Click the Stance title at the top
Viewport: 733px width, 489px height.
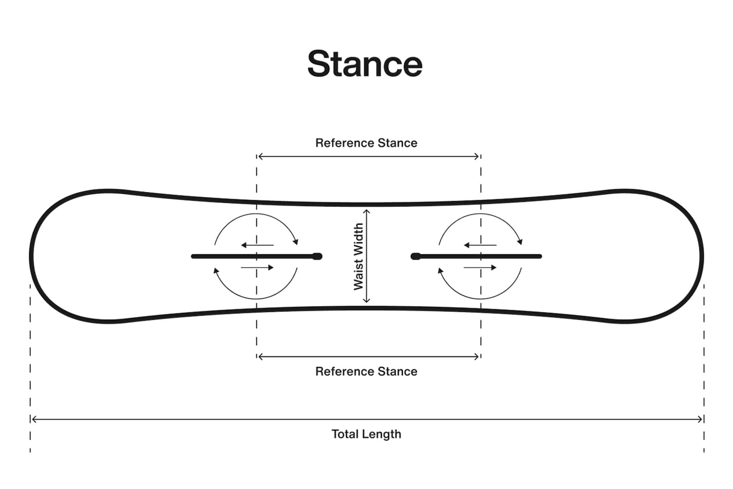(365, 64)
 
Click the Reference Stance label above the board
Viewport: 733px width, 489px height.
(366, 143)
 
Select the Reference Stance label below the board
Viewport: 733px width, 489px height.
(366, 372)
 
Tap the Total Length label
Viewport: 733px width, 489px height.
(366, 434)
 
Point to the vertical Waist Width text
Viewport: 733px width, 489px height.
(358, 257)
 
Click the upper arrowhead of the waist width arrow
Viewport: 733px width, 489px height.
(366, 212)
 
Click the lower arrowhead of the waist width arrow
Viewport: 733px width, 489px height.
(366, 300)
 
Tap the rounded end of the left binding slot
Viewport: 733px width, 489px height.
(317, 256)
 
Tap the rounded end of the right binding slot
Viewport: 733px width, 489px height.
(415, 256)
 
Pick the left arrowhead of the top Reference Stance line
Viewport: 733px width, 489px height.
(260, 157)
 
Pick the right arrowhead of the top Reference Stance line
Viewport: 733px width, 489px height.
(477, 157)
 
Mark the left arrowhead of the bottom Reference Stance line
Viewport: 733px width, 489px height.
(260, 356)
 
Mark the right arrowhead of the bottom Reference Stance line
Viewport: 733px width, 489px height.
(477, 356)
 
